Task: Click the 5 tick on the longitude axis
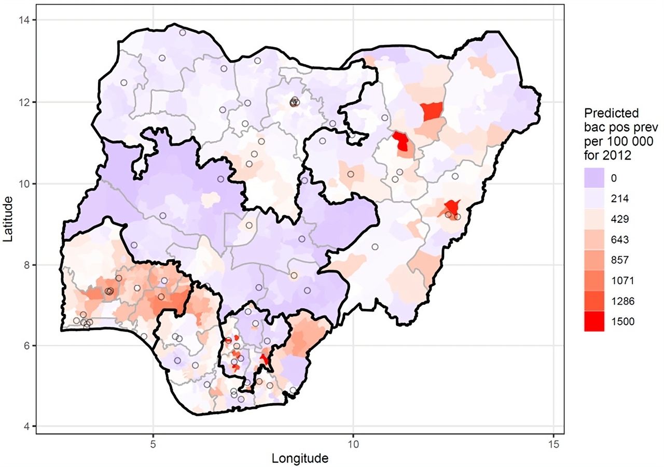coord(153,444)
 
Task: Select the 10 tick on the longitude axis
coord(353,444)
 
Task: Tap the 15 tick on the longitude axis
coord(554,444)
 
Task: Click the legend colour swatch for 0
coord(594,178)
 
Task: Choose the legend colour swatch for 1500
coord(594,321)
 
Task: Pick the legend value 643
coord(620,239)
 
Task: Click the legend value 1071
coord(622,280)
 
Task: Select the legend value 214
coord(620,199)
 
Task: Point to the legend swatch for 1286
coord(594,301)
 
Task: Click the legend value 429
coord(620,219)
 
